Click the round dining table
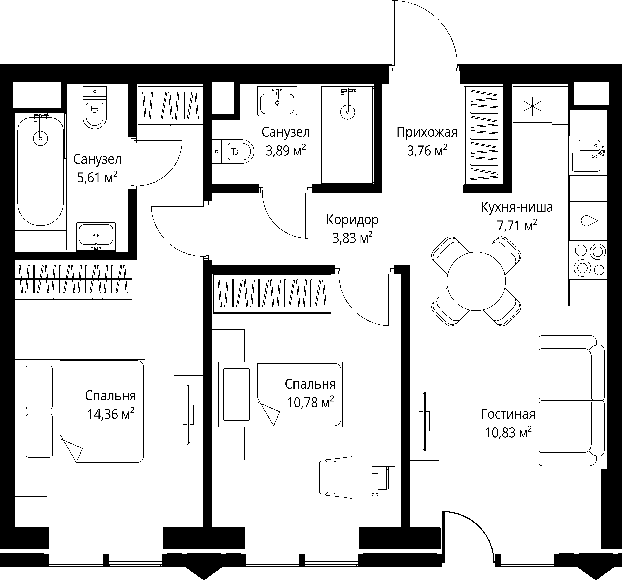(476, 281)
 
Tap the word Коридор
(352, 220)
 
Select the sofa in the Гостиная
(571, 401)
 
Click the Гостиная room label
(508, 414)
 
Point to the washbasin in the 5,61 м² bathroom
(96, 237)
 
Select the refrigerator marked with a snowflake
(532, 106)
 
